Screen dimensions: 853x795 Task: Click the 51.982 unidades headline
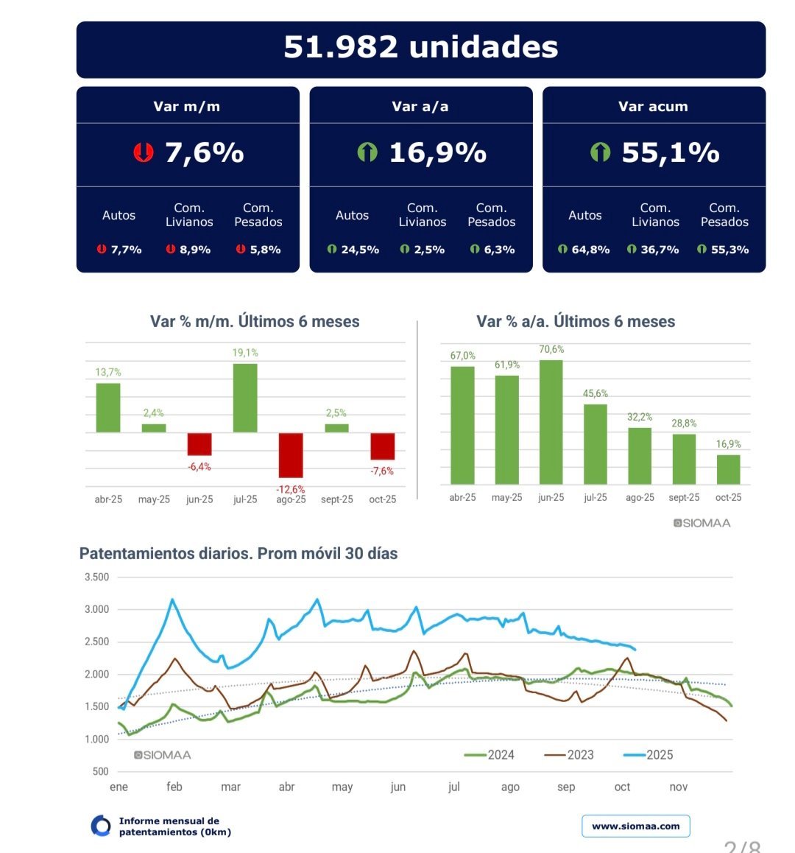click(420, 47)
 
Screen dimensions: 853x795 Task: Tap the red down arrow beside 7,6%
click(143, 152)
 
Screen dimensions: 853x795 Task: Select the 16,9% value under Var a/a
click(437, 152)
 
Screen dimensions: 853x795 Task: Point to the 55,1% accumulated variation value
click(670, 152)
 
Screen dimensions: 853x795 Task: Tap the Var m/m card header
click(187, 106)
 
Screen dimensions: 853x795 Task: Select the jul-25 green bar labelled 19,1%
click(245, 398)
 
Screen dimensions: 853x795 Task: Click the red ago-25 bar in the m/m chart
click(291, 454)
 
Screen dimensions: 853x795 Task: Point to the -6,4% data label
click(199, 467)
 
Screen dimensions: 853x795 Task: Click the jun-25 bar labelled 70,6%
click(551, 421)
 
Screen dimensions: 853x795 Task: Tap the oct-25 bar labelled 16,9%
click(728, 469)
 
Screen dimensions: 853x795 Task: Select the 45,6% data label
click(596, 393)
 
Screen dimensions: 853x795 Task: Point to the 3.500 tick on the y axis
click(97, 578)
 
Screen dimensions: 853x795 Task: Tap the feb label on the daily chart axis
click(174, 787)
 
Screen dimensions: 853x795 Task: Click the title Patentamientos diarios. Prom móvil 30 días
click(239, 554)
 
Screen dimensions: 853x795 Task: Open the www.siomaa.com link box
click(636, 826)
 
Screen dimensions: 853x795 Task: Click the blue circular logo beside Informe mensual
click(101, 826)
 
